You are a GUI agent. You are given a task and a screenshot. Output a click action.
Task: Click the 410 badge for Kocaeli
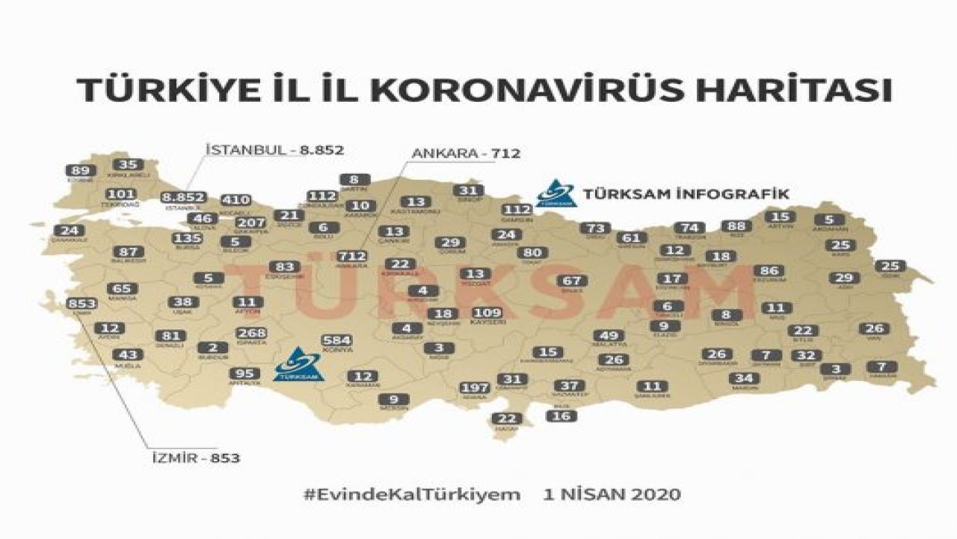click(236, 200)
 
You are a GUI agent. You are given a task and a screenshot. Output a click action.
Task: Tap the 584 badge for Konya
click(336, 341)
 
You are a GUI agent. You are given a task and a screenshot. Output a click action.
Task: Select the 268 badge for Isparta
click(251, 333)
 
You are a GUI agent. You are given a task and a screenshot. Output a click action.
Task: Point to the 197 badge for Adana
click(475, 387)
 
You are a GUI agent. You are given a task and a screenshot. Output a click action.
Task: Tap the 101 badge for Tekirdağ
click(120, 195)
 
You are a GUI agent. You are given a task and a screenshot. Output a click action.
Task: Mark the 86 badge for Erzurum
click(769, 270)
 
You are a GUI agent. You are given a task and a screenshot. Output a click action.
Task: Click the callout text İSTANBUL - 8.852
click(274, 150)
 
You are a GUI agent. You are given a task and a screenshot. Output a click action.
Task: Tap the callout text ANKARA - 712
click(465, 153)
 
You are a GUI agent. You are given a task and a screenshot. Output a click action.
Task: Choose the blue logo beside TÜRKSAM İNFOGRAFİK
click(556, 193)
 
